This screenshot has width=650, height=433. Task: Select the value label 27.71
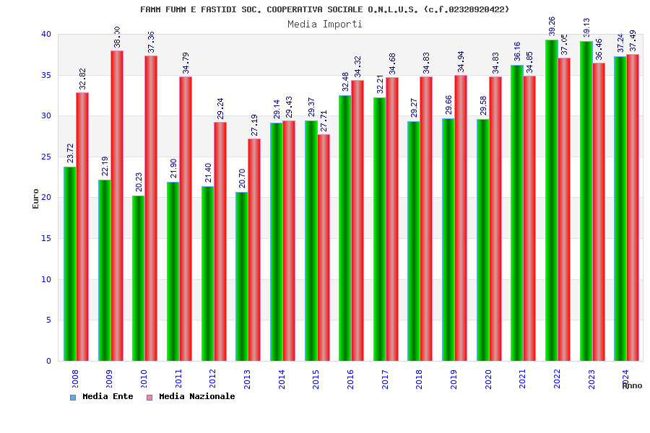324,121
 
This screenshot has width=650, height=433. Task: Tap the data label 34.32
357,67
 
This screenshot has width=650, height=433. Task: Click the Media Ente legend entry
102,396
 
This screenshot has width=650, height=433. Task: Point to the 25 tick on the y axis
45,157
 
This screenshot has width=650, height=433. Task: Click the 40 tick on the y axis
45,34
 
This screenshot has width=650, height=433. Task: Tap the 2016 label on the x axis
350,379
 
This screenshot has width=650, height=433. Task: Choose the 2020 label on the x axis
488,379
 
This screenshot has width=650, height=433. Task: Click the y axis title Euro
36,198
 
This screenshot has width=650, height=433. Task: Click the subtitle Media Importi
325,24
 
